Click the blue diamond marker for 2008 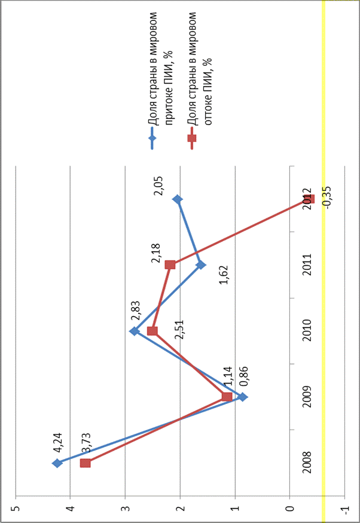coord(57,463)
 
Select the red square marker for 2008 coord(86,463)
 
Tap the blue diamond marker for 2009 coord(243,397)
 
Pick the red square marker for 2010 coord(152,331)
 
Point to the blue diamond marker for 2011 coord(201,264)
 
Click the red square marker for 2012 coord(309,199)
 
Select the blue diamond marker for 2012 coord(178,199)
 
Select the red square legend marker coord(192,139)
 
